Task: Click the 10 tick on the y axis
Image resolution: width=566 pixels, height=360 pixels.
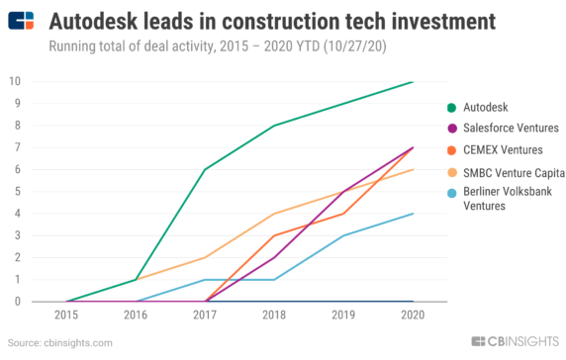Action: point(14,81)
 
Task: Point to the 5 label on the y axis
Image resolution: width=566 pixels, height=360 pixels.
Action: point(16,192)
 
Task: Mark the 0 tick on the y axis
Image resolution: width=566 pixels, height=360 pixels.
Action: point(16,302)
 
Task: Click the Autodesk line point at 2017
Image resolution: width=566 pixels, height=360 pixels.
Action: point(205,169)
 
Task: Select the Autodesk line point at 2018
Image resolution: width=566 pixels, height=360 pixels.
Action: point(274,126)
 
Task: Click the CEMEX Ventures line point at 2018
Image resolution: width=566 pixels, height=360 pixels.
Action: point(274,235)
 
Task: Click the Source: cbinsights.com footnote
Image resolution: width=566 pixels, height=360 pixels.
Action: point(60,342)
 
